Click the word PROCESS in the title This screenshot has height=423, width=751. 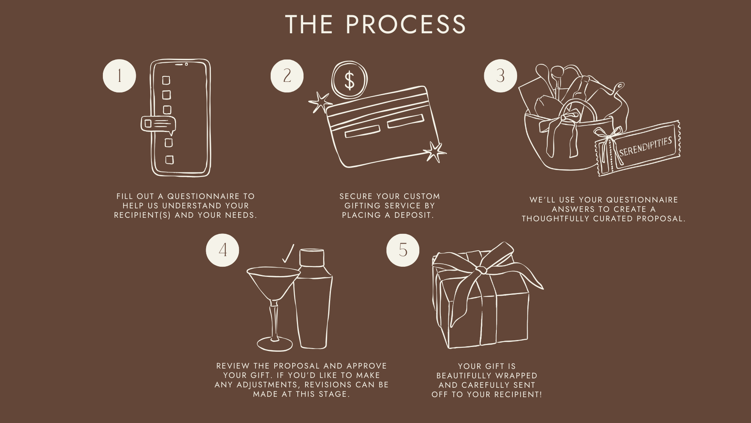[406, 24]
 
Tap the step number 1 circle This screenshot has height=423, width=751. [119, 76]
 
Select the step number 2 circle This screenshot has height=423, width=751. [287, 76]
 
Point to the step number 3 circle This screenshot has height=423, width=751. [500, 76]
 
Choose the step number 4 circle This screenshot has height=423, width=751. [223, 250]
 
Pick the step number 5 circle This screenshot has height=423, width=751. [403, 250]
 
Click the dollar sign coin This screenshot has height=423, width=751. [349, 80]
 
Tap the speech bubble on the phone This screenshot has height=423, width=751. [158, 125]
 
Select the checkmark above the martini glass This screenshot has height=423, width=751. [288, 254]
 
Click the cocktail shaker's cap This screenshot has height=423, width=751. [312, 258]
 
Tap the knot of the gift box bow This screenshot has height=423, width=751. [481, 270]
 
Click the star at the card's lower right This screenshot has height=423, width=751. [435, 152]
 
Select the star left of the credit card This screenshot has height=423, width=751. [320, 102]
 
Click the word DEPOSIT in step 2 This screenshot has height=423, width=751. [414, 215]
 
